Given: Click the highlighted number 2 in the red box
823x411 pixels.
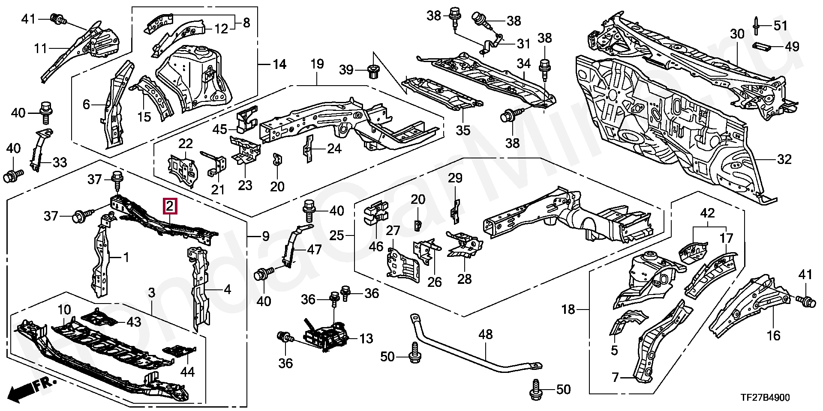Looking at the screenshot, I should pyautogui.click(x=170, y=206).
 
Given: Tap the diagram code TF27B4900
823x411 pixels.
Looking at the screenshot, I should pyautogui.click(x=766, y=398).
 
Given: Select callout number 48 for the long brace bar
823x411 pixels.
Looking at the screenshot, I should pyautogui.click(x=486, y=335).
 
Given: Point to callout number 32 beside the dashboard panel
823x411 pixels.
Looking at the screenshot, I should pyautogui.click(x=784, y=159).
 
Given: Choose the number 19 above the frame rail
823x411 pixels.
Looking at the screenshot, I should pyautogui.click(x=317, y=65).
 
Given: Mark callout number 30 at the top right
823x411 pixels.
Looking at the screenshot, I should pyautogui.click(x=737, y=34).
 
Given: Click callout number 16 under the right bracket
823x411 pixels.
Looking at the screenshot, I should pyautogui.click(x=774, y=335).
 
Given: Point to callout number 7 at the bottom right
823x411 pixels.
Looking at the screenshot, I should pyautogui.click(x=615, y=377).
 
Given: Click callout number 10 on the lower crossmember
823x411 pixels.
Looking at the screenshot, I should pyautogui.click(x=64, y=309).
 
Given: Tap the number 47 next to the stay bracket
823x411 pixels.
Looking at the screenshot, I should pyautogui.click(x=314, y=250).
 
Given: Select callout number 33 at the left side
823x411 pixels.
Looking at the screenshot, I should pyautogui.click(x=60, y=162).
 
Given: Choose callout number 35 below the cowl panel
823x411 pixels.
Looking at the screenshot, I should pyautogui.click(x=463, y=130).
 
